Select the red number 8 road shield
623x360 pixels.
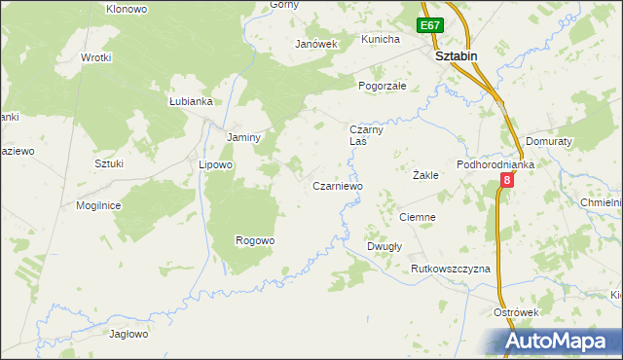pyautogui.click(x=507, y=182)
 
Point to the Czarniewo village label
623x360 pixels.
pyautogui.click(x=337, y=186)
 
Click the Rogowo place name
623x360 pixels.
pyautogui.click(x=255, y=240)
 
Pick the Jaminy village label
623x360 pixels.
pyautogui.click(x=243, y=137)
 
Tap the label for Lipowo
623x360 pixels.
pyautogui.click(x=215, y=164)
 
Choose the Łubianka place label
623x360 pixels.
pyautogui.click(x=190, y=101)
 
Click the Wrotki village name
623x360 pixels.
pyautogui.click(x=96, y=57)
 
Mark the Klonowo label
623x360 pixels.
pyautogui.click(x=127, y=9)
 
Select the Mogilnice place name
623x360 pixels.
pyautogui.click(x=98, y=205)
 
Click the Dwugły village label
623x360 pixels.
pyautogui.click(x=385, y=246)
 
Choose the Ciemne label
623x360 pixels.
pyautogui.click(x=417, y=217)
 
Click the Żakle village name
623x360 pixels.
pyautogui.click(x=425, y=176)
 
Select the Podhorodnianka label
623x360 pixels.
pyautogui.click(x=496, y=164)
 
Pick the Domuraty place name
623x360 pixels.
pyautogui.click(x=547, y=141)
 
